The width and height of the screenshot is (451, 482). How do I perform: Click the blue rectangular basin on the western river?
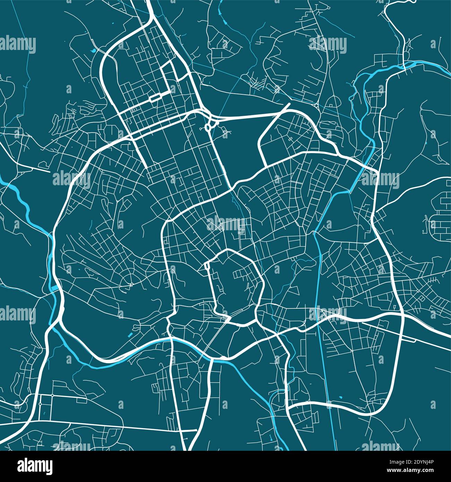(x=54, y=288)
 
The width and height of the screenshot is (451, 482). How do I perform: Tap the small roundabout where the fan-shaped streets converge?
(x=131, y=285)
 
